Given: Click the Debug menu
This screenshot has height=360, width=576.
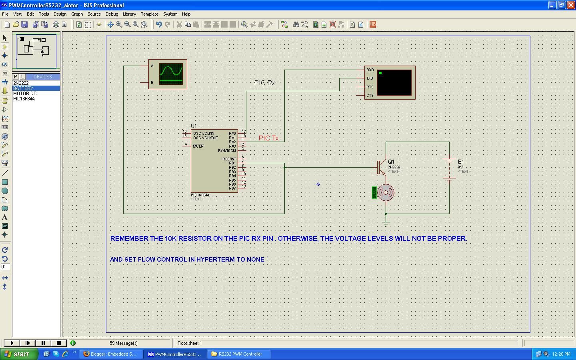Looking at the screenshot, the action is point(112,14).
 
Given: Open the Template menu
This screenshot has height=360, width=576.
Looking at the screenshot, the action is point(149,14).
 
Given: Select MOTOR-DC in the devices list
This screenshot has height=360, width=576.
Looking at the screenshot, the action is point(25,94).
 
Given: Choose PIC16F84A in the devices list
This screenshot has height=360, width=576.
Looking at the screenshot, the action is point(24,99).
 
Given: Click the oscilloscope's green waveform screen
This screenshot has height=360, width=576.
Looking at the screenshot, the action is point(171,74).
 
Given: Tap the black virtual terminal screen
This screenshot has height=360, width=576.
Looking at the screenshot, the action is point(394,83).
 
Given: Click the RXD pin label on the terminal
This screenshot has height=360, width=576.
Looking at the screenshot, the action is point(370,70).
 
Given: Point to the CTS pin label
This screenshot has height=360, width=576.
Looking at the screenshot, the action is point(370,96).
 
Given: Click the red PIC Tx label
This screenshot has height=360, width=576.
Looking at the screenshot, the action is point(268,138).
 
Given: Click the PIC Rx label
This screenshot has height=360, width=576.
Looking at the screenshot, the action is point(264,83).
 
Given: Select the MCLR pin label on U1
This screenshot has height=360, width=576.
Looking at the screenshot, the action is point(198,146).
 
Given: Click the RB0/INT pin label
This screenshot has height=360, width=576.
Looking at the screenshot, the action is point(229,159).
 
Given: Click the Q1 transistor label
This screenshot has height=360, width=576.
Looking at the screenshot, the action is point(391,162).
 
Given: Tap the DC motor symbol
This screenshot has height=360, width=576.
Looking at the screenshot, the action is point(386,192).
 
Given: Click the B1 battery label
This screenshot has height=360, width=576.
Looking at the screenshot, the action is point(461,162).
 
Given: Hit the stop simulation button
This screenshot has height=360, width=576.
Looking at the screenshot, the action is point(59,343).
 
